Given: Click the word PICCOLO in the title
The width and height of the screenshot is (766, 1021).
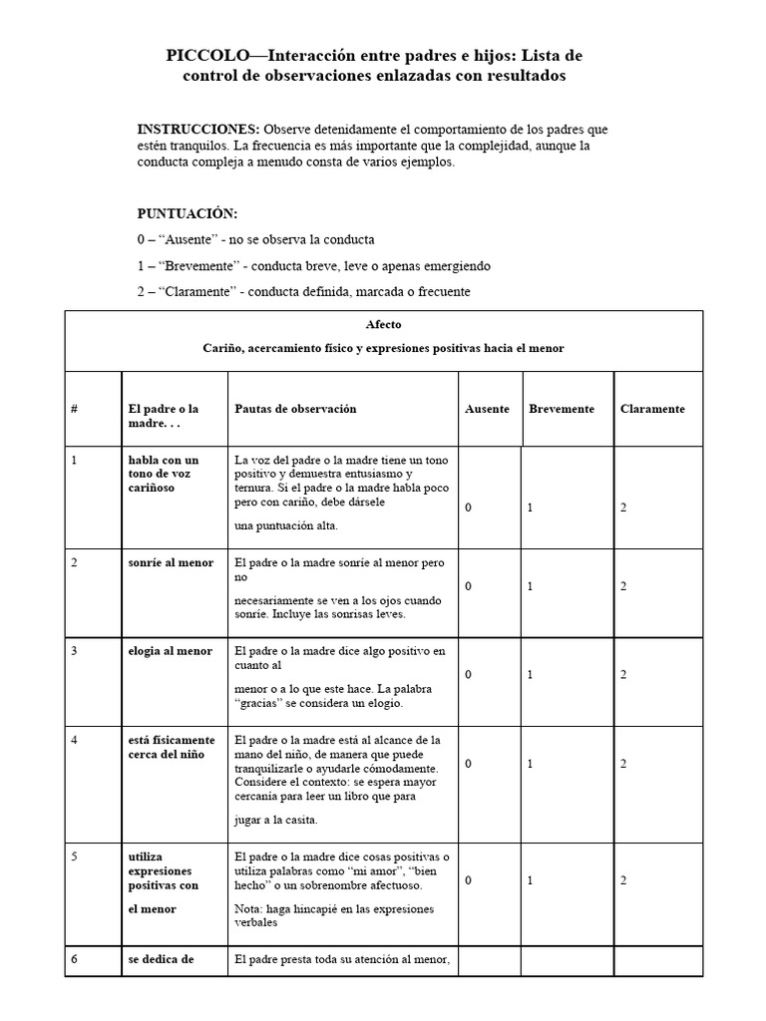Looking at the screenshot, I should pyautogui.click(x=204, y=57).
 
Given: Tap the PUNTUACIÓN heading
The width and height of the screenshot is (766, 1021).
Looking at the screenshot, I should pyautogui.click(x=187, y=213).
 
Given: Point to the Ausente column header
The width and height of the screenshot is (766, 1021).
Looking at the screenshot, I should pyautogui.click(x=487, y=409).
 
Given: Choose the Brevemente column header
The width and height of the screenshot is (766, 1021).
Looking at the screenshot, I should pyautogui.click(x=562, y=409).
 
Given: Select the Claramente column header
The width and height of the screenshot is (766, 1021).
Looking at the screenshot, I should pyautogui.click(x=652, y=409).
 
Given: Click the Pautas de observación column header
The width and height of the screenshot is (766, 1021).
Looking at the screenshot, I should pyautogui.click(x=295, y=409).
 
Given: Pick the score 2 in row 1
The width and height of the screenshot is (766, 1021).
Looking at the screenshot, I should pyautogui.click(x=623, y=509).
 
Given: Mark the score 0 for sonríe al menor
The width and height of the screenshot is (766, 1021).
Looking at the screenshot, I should pyautogui.click(x=469, y=586).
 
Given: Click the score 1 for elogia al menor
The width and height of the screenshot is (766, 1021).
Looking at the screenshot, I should pyautogui.click(x=531, y=675).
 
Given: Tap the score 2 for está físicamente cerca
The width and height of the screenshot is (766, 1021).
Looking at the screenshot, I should pyautogui.click(x=623, y=764).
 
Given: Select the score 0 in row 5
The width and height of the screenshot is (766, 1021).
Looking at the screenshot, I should pyautogui.click(x=469, y=881).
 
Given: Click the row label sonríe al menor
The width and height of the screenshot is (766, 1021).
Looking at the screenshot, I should pyautogui.click(x=171, y=562).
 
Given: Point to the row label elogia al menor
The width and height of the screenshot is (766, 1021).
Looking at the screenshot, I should pyautogui.click(x=170, y=651).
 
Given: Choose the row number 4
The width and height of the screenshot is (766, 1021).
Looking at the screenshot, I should pyautogui.click(x=75, y=740).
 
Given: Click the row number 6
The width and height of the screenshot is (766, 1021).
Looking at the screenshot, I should pyautogui.click(x=75, y=960).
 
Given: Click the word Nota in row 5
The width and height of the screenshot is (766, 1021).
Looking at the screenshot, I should pyautogui.click(x=248, y=909).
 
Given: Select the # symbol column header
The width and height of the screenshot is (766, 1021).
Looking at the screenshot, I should pyautogui.click(x=75, y=409).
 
